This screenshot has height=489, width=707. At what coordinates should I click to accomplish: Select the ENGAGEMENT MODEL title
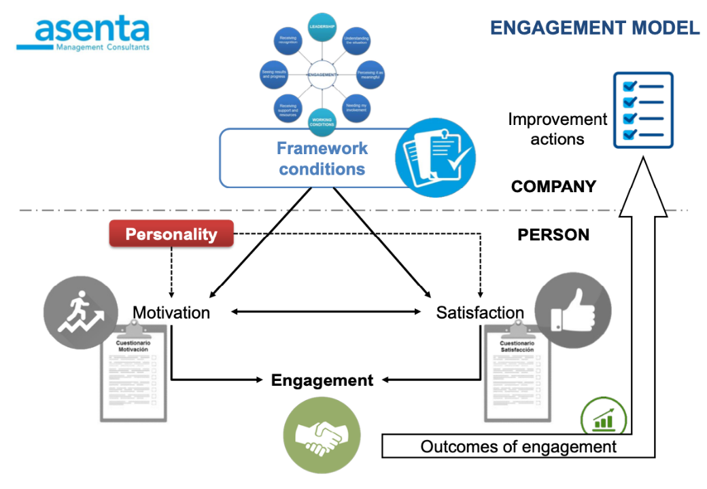(x=595, y=28)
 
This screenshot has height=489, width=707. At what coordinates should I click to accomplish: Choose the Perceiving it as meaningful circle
(x=370, y=74)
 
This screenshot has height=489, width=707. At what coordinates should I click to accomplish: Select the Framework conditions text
(x=322, y=158)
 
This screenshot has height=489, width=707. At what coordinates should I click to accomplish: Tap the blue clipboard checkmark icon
(x=435, y=157)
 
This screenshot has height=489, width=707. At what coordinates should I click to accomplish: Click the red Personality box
(x=171, y=235)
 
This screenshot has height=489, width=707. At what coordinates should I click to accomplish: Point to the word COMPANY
(x=553, y=186)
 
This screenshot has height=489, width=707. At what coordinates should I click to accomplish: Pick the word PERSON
(x=553, y=235)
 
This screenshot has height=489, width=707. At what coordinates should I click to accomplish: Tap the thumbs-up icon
(x=572, y=312)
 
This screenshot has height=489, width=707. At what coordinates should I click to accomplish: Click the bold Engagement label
(x=322, y=380)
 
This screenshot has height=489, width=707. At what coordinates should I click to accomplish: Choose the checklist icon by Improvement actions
(x=642, y=110)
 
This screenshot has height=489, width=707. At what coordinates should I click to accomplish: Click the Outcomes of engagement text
(x=518, y=447)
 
